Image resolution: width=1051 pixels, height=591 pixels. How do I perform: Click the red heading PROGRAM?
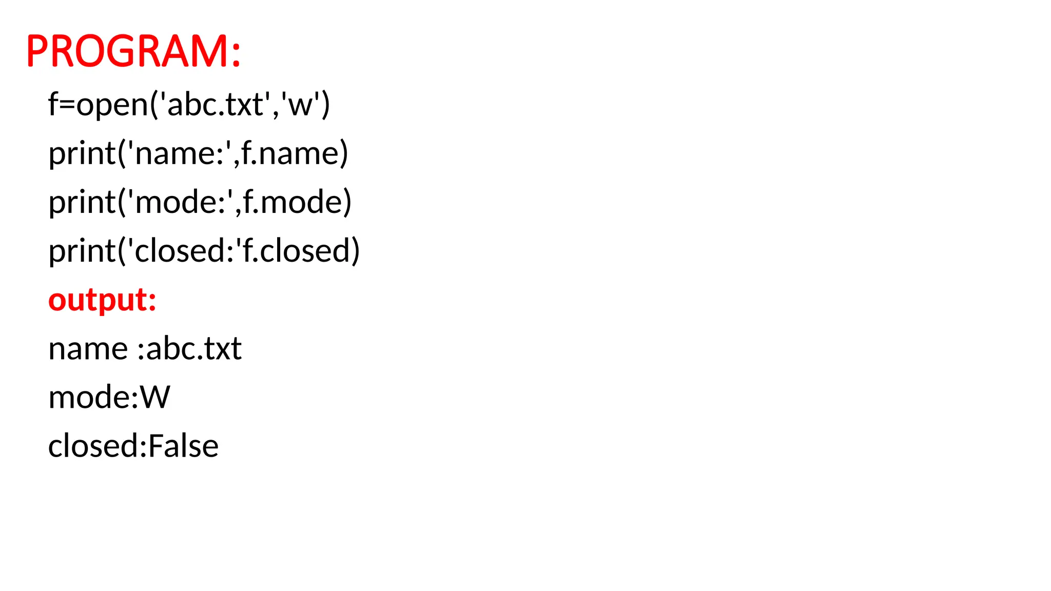133,51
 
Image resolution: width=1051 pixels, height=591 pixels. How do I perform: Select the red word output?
102,300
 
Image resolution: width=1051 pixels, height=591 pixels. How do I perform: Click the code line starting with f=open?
189,104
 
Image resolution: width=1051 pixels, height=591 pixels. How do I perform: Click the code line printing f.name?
198,153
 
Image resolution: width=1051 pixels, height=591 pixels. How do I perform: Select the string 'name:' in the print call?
179,153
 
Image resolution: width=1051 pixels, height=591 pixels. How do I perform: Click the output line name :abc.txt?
145,349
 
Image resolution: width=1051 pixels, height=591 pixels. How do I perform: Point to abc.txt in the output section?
194,349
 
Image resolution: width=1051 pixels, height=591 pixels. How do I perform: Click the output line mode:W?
109,398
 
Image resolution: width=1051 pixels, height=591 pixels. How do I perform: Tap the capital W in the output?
155,398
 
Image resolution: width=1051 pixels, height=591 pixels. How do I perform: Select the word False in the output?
183,446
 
